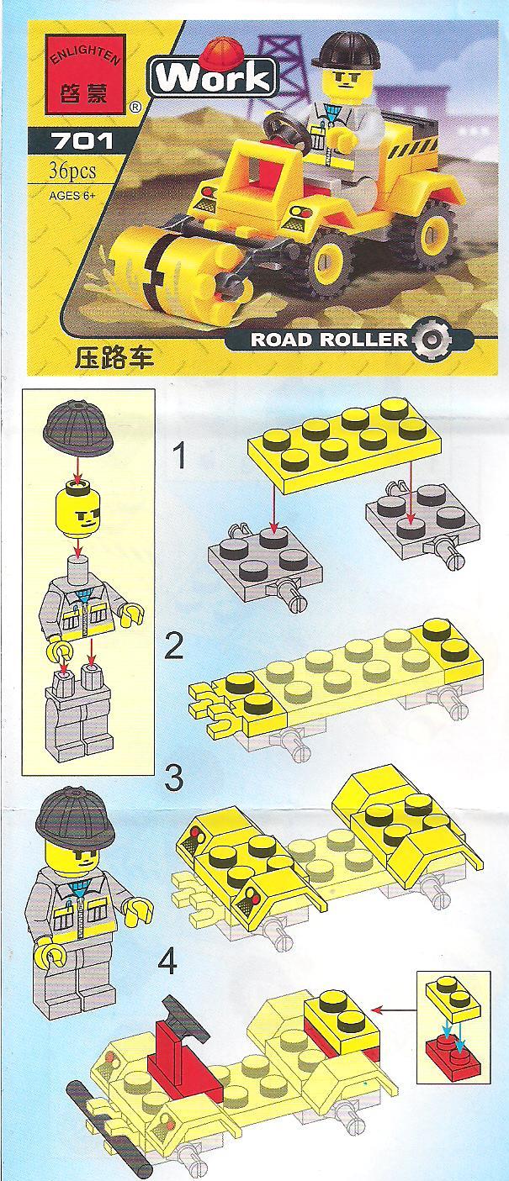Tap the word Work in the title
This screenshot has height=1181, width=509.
pyautogui.click(x=213, y=78)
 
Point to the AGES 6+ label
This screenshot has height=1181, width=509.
pyautogui.click(x=72, y=196)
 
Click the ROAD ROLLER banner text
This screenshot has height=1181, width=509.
pyautogui.click(x=329, y=340)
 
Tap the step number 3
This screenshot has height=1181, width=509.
pyautogui.click(x=173, y=778)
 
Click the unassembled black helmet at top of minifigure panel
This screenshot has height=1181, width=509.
pyautogui.click(x=79, y=425)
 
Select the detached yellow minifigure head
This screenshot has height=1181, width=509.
pyautogui.click(x=77, y=509)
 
